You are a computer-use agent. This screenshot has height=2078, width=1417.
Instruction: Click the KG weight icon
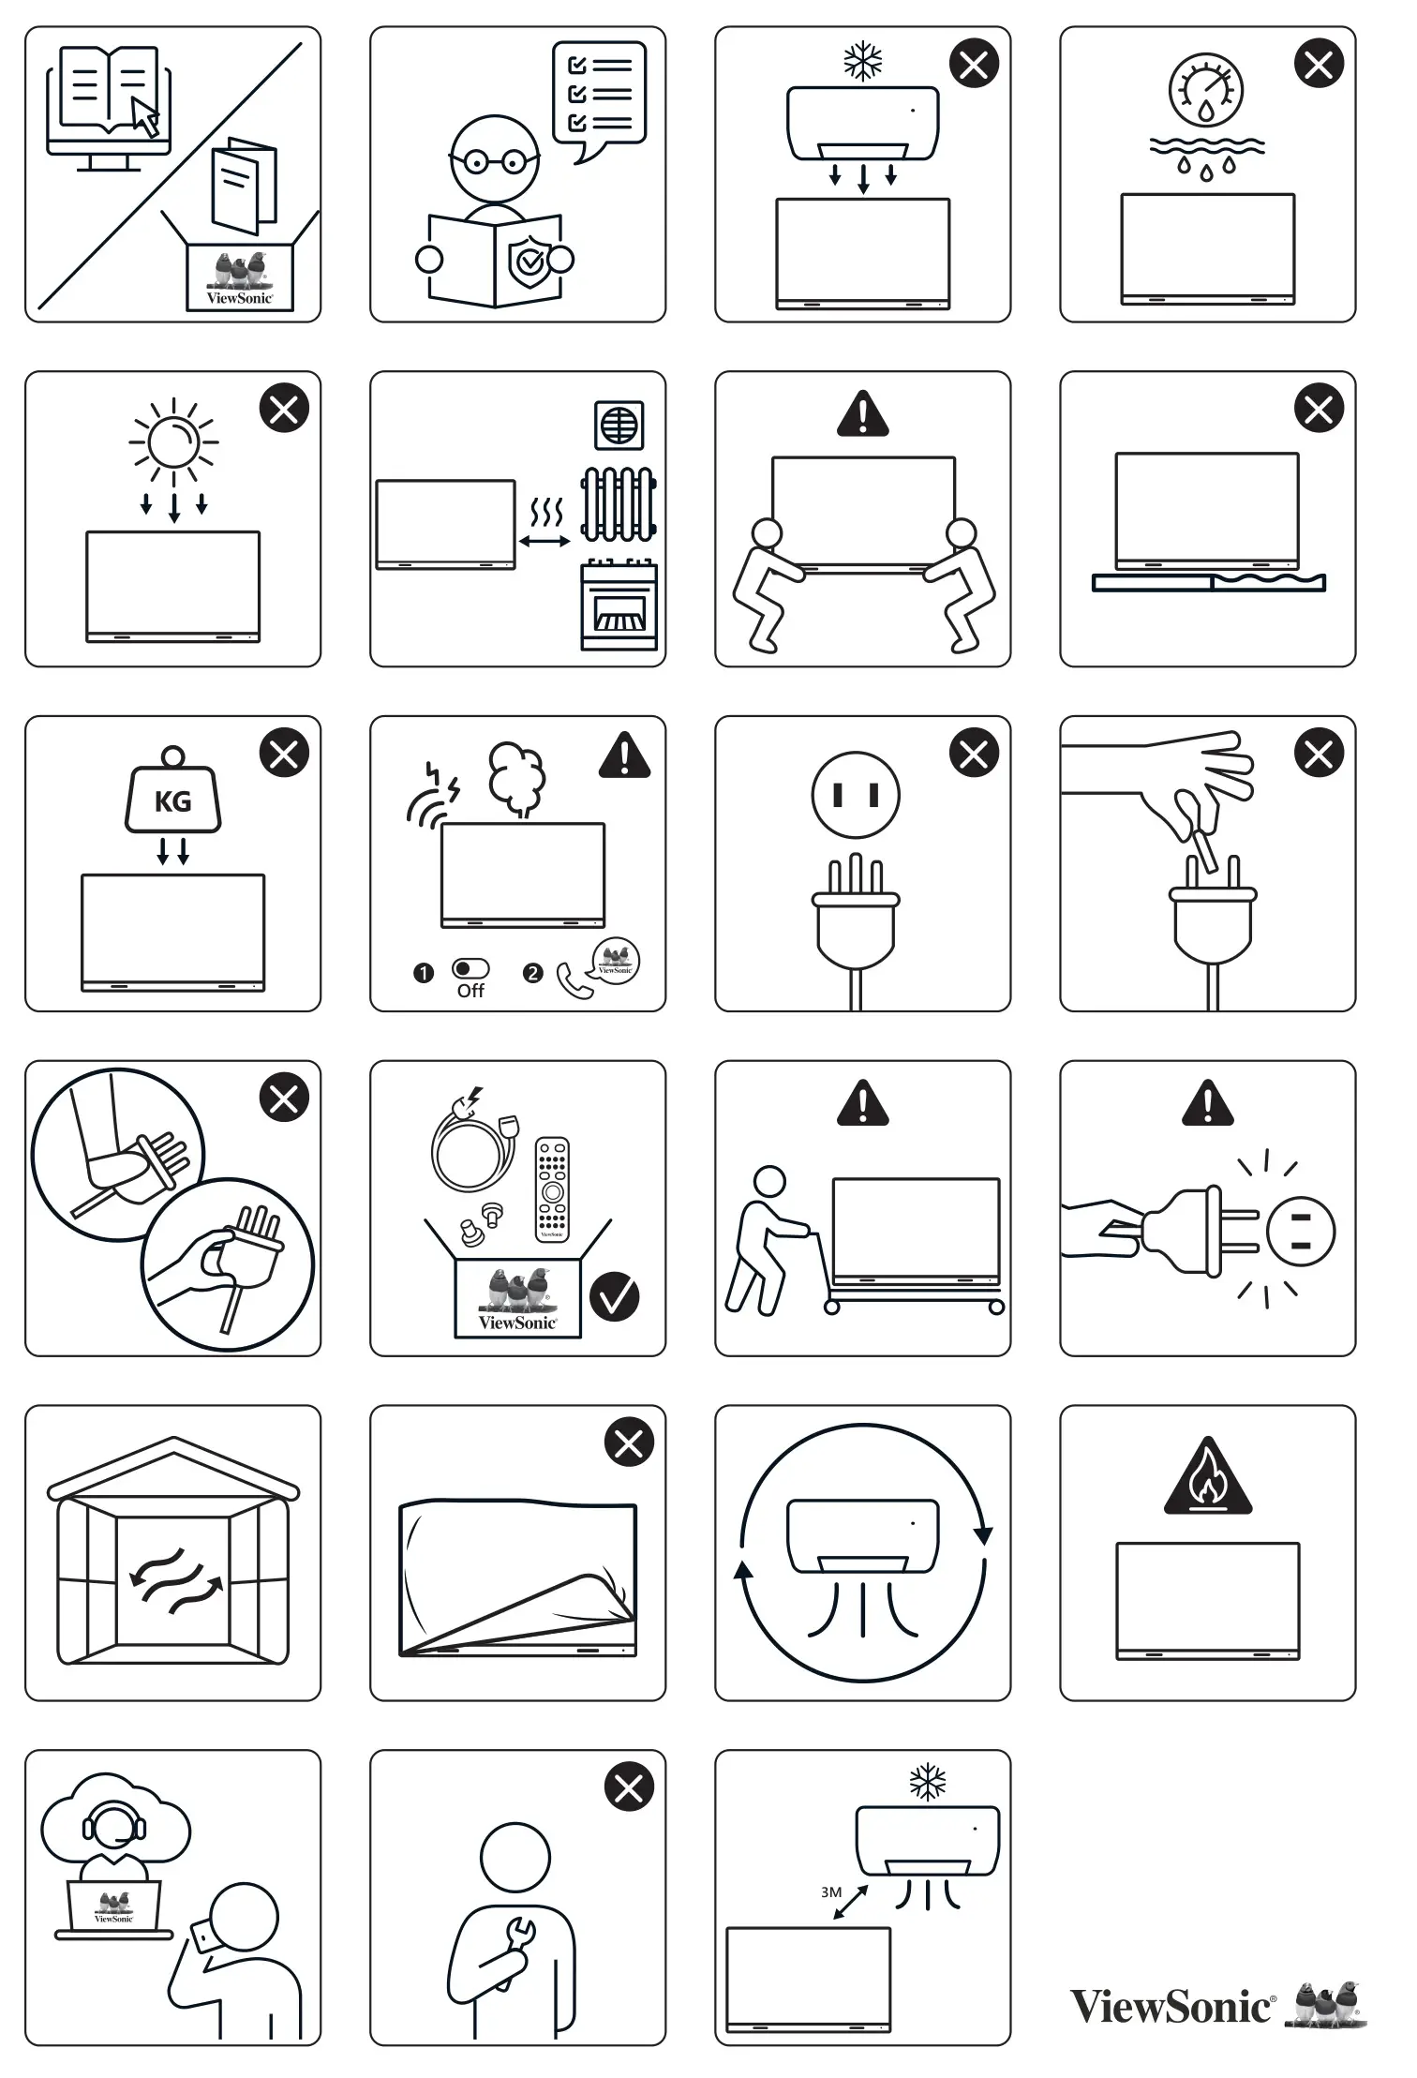pyautogui.click(x=173, y=799)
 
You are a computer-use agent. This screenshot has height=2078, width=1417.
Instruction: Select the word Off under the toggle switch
pyautogui.click(x=470, y=991)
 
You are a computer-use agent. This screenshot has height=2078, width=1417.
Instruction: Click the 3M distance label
pyautogui.click(x=831, y=1891)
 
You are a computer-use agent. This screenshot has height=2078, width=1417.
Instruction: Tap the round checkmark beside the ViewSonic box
pyautogui.click(x=615, y=1297)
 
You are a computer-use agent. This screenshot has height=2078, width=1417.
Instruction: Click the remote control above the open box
pyautogui.click(x=552, y=1188)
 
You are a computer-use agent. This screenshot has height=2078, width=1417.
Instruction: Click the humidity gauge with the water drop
pyautogui.click(x=1206, y=92)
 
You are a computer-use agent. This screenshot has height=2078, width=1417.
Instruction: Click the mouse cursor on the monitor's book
pyautogui.click(x=144, y=116)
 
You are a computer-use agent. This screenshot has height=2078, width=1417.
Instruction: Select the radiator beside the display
pyautogui.click(x=619, y=504)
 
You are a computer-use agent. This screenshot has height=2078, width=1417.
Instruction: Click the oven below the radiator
pyautogui.click(x=619, y=605)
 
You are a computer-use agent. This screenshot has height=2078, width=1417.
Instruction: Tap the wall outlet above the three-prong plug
pyautogui.click(x=856, y=795)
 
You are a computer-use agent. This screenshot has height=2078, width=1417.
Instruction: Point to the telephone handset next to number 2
pyautogui.click(x=573, y=980)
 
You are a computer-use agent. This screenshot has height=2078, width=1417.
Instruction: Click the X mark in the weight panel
pyautogui.click(x=284, y=753)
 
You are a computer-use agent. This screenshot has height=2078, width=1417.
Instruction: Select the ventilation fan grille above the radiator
pyautogui.click(x=619, y=426)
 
